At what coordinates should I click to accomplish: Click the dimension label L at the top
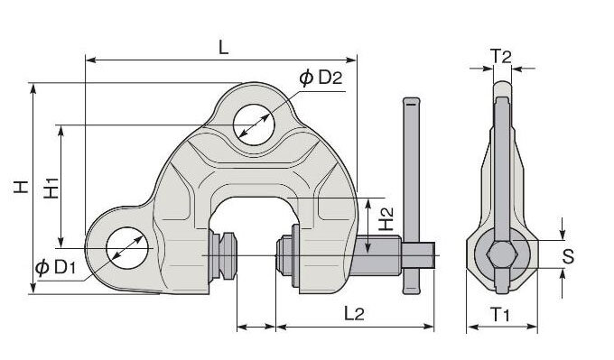(x=222, y=47)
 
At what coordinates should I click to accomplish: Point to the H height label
(x=17, y=189)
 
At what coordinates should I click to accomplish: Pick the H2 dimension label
(x=386, y=218)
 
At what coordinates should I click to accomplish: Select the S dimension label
(x=568, y=256)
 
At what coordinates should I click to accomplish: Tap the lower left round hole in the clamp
(x=126, y=249)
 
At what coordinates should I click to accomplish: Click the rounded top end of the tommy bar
(x=411, y=101)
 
